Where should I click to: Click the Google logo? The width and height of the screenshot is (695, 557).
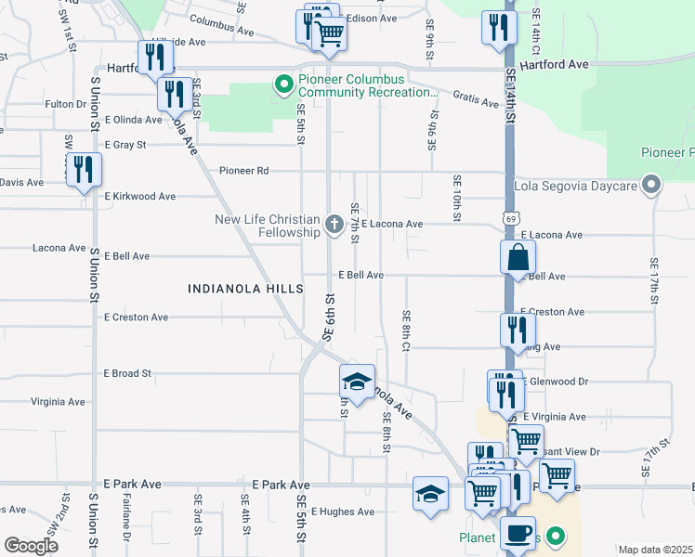coord(31,546)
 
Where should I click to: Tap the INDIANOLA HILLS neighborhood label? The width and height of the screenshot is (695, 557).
coord(245,289)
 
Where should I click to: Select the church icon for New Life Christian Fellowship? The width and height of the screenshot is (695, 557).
coord(334,224)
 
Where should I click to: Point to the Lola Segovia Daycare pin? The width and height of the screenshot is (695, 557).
coord(651,186)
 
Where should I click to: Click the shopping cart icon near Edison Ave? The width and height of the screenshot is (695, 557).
coord(329,32)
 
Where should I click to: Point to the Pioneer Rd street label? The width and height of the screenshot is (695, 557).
coord(243,171)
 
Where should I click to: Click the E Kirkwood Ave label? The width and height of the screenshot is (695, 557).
coord(139,197)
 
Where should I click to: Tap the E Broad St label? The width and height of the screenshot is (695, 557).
coord(127,373)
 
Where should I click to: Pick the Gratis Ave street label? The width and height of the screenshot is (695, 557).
coord(476,97)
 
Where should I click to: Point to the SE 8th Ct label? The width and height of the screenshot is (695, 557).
coord(406,325)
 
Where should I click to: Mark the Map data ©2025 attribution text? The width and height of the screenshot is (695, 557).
coord(655,550)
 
